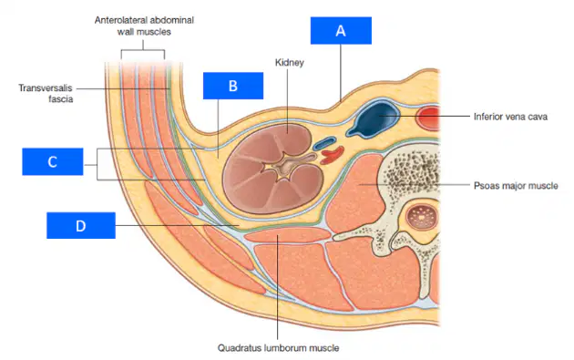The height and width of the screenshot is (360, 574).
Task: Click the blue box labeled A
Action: [x=341, y=30]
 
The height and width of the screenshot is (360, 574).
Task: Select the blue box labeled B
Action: [x=233, y=86]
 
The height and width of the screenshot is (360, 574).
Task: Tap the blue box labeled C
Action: [x=53, y=161]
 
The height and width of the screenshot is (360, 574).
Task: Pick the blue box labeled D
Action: [x=81, y=225]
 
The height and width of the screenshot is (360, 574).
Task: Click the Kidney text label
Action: [x=290, y=63]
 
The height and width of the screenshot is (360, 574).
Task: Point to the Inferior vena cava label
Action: [x=510, y=117]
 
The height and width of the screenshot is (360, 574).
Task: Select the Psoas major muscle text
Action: [x=516, y=186]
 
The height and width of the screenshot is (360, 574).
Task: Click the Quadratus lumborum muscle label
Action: [x=278, y=347]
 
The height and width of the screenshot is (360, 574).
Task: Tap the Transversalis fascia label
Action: [x=46, y=93]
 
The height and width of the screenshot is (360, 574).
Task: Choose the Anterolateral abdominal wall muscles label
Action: [x=144, y=26]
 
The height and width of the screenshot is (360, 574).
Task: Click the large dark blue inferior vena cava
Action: [x=373, y=119]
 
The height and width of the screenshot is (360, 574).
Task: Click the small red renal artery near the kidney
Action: [x=333, y=155]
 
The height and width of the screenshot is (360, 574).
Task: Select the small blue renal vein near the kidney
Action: [x=324, y=143]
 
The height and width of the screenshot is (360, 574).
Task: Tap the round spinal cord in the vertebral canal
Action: [x=421, y=216]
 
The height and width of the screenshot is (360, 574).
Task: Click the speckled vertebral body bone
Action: [x=413, y=176]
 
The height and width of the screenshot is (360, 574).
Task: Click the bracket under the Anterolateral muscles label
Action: [x=143, y=50]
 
